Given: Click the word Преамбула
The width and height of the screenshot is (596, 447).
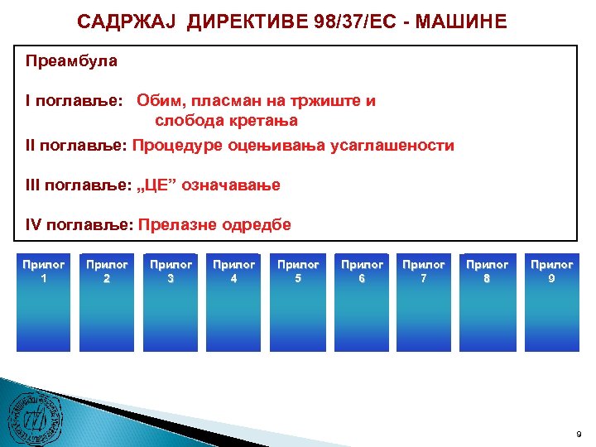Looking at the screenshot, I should click(72, 60).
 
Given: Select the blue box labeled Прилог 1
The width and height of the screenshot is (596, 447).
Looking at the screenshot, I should click(44, 302).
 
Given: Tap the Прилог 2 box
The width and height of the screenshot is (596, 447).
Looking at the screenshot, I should click(107, 302).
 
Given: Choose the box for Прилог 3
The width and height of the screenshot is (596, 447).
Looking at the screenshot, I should click(171, 302).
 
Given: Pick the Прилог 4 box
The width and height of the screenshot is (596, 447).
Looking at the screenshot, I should click(234, 302).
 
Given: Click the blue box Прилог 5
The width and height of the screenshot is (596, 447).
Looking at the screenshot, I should click(298, 302).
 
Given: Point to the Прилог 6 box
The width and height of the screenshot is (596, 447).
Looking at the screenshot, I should click(362, 302).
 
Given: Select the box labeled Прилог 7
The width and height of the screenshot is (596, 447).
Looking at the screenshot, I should click(424, 302).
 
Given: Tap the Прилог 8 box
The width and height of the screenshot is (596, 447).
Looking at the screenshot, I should click(488, 302).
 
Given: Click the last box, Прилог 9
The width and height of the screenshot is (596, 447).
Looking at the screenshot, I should click(551, 302).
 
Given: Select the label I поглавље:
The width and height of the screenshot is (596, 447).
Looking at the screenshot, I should click(74, 101).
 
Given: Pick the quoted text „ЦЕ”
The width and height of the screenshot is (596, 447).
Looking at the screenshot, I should click(163, 185).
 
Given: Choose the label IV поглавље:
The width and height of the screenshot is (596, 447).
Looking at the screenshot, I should click(79, 224).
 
